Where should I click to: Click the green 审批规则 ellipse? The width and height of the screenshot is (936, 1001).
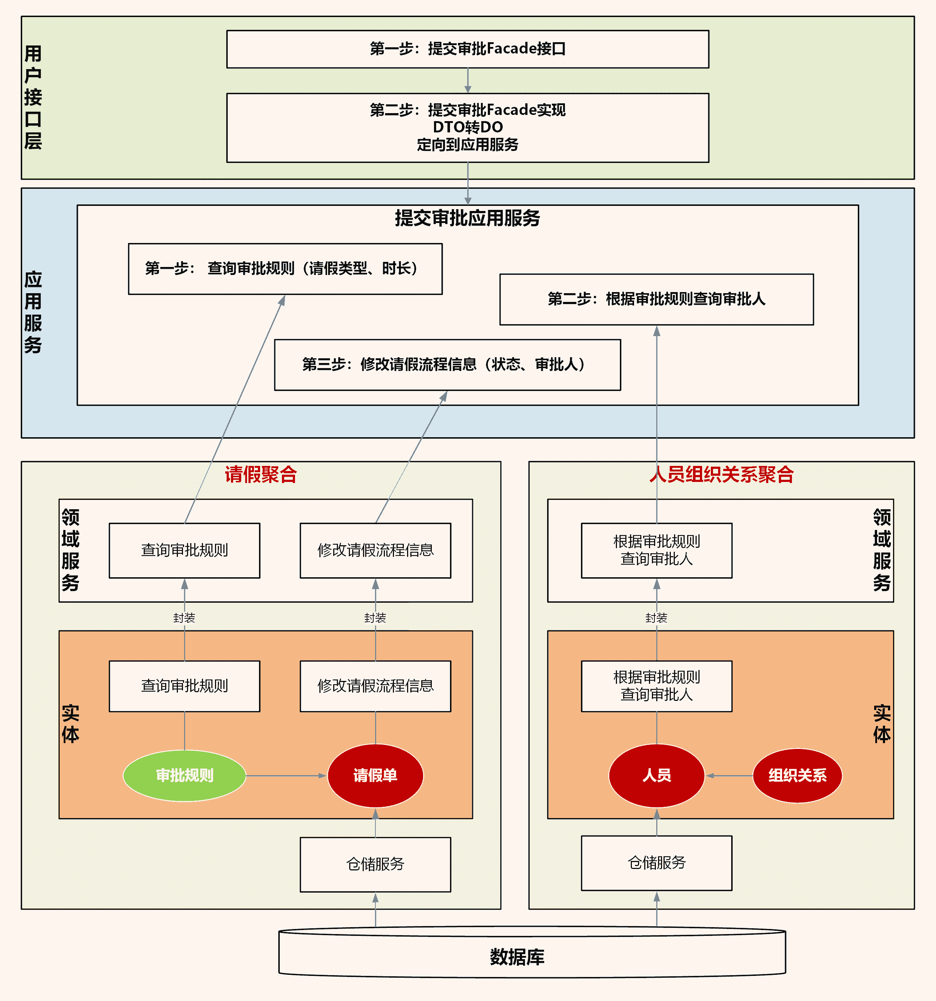[184, 775]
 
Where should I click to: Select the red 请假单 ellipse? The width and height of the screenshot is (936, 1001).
[375, 775]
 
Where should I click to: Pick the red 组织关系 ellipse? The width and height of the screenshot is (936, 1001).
[797, 775]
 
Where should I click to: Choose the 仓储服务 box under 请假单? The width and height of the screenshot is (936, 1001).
[375, 864]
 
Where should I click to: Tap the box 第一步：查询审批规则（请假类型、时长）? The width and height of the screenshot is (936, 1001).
[285, 269]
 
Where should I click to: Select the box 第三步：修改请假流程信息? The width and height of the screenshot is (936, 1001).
[447, 364]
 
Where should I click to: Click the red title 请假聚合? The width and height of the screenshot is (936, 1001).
[261, 474]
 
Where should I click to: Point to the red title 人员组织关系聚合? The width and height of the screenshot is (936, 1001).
[721, 474]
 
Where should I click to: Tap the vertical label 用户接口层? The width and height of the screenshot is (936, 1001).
[33, 97]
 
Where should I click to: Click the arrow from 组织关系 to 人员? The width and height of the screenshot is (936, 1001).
[729, 775]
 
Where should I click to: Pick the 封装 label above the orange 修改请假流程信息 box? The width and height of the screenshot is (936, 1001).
[375, 618]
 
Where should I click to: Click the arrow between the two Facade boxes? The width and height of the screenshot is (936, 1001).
[468, 80]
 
